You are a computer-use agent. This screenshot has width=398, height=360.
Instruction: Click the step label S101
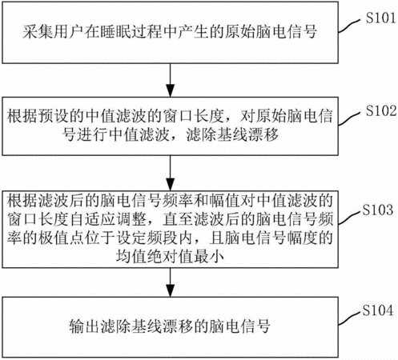click(380, 18)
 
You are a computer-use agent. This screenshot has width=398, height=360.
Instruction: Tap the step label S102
click(381, 110)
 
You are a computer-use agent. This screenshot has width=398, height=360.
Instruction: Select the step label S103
click(378, 210)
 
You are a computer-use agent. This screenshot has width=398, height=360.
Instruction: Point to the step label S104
click(378, 310)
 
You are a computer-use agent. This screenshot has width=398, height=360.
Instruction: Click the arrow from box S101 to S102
click(171, 80)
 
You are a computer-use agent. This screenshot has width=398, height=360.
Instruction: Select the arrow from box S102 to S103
click(171, 173)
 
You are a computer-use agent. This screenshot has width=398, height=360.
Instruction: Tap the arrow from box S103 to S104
click(171, 282)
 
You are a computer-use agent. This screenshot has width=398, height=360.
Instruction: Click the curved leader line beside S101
click(352, 26)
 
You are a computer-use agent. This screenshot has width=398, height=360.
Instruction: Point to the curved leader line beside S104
click(350, 318)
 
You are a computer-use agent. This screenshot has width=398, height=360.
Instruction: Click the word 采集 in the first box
click(38, 32)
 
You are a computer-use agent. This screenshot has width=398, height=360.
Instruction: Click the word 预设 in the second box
click(54, 116)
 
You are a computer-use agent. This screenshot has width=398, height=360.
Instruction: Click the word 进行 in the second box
click(92, 134)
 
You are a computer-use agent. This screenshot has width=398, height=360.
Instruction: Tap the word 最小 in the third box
click(209, 257)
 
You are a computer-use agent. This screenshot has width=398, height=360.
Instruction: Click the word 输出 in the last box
click(84, 326)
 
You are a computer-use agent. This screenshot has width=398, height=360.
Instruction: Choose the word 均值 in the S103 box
click(131, 257)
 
